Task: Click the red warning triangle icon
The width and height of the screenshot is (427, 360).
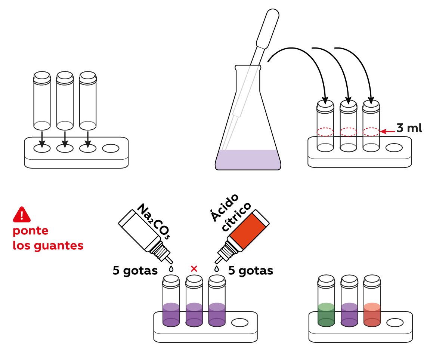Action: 22,215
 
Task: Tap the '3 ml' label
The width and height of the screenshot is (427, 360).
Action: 409,128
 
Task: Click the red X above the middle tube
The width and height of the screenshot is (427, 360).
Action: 194,268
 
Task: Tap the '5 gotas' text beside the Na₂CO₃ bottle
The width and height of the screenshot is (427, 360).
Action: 135,271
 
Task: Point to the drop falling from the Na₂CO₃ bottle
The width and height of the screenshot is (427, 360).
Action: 171,268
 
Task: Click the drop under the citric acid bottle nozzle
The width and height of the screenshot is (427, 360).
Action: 216,268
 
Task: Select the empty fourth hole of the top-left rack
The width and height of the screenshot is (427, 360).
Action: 111,148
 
